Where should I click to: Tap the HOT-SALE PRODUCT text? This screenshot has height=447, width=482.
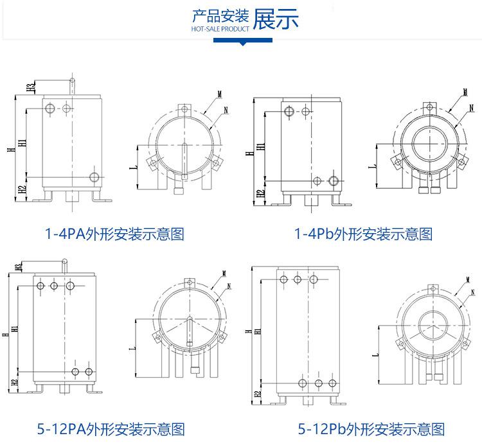[x=220, y=29]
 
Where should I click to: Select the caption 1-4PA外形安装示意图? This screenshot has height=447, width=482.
[x=114, y=234]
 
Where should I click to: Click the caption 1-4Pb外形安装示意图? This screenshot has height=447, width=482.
[x=362, y=234]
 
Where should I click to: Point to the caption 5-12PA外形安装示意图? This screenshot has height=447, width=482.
[x=114, y=428]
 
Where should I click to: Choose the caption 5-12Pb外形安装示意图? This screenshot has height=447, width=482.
[x=371, y=428]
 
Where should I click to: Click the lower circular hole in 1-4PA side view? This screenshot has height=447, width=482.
[x=94, y=177]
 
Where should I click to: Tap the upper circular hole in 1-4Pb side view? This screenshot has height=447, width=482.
[x=289, y=112]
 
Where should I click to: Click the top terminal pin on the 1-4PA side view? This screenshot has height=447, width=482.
[x=72, y=83]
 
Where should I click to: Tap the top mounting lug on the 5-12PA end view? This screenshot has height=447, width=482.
[x=189, y=282]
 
